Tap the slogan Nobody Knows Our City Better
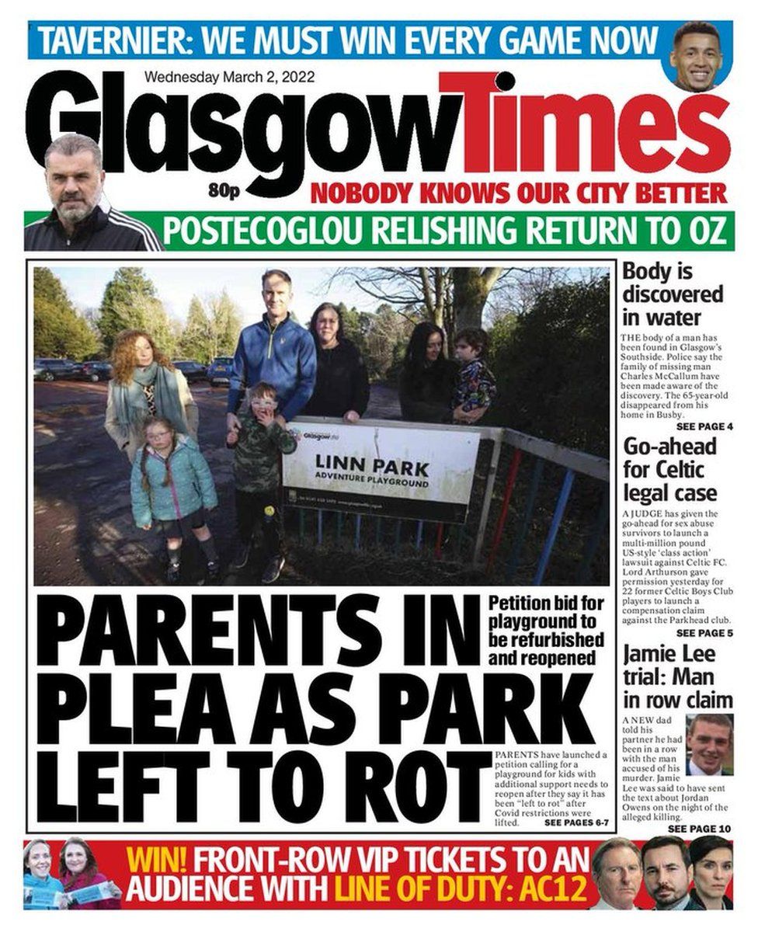[519, 192]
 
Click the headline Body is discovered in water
[673, 295]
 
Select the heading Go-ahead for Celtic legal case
[669, 471]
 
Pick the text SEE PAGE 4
[704, 427]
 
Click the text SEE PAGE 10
[700, 829]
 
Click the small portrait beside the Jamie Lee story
[709, 745]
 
